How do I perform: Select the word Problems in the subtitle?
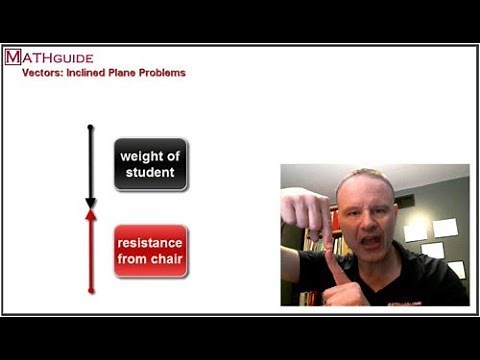point(162,73)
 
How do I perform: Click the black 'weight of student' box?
point(150,165)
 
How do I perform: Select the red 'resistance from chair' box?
point(150,251)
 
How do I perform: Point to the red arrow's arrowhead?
point(91,213)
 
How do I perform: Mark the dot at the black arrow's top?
point(91,127)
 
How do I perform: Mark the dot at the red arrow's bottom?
point(91,291)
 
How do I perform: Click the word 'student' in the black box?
point(150,172)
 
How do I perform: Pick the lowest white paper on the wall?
point(455,268)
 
